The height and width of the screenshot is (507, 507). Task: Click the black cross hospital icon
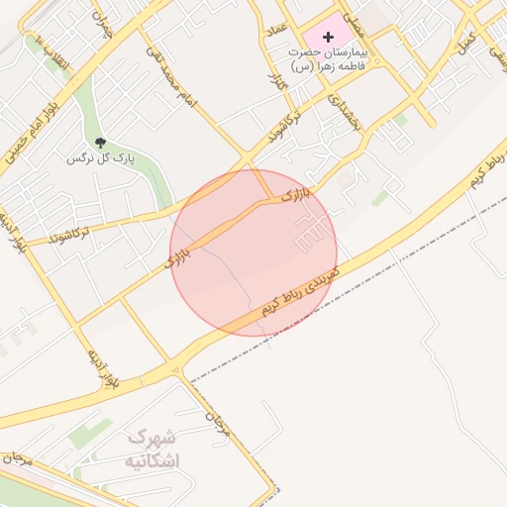click(329, 36)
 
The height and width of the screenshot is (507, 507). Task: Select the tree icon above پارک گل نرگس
click(100, 144)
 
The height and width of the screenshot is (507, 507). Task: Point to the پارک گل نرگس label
click(99, 158)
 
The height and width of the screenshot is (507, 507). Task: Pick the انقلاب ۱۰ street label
click(52, 55)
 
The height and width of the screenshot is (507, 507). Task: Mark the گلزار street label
click(278, 75)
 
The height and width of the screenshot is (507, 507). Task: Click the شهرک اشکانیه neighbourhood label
click(153, 449)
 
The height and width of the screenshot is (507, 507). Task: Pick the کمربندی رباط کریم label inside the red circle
click(301, 290)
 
